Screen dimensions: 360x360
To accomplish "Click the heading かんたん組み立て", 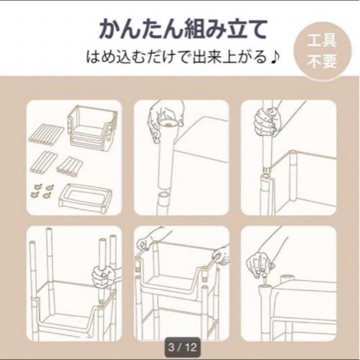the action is click(183, 30).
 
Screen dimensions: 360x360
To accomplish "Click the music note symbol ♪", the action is click(275, 58).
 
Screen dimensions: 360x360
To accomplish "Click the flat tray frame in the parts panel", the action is click(85, 195).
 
